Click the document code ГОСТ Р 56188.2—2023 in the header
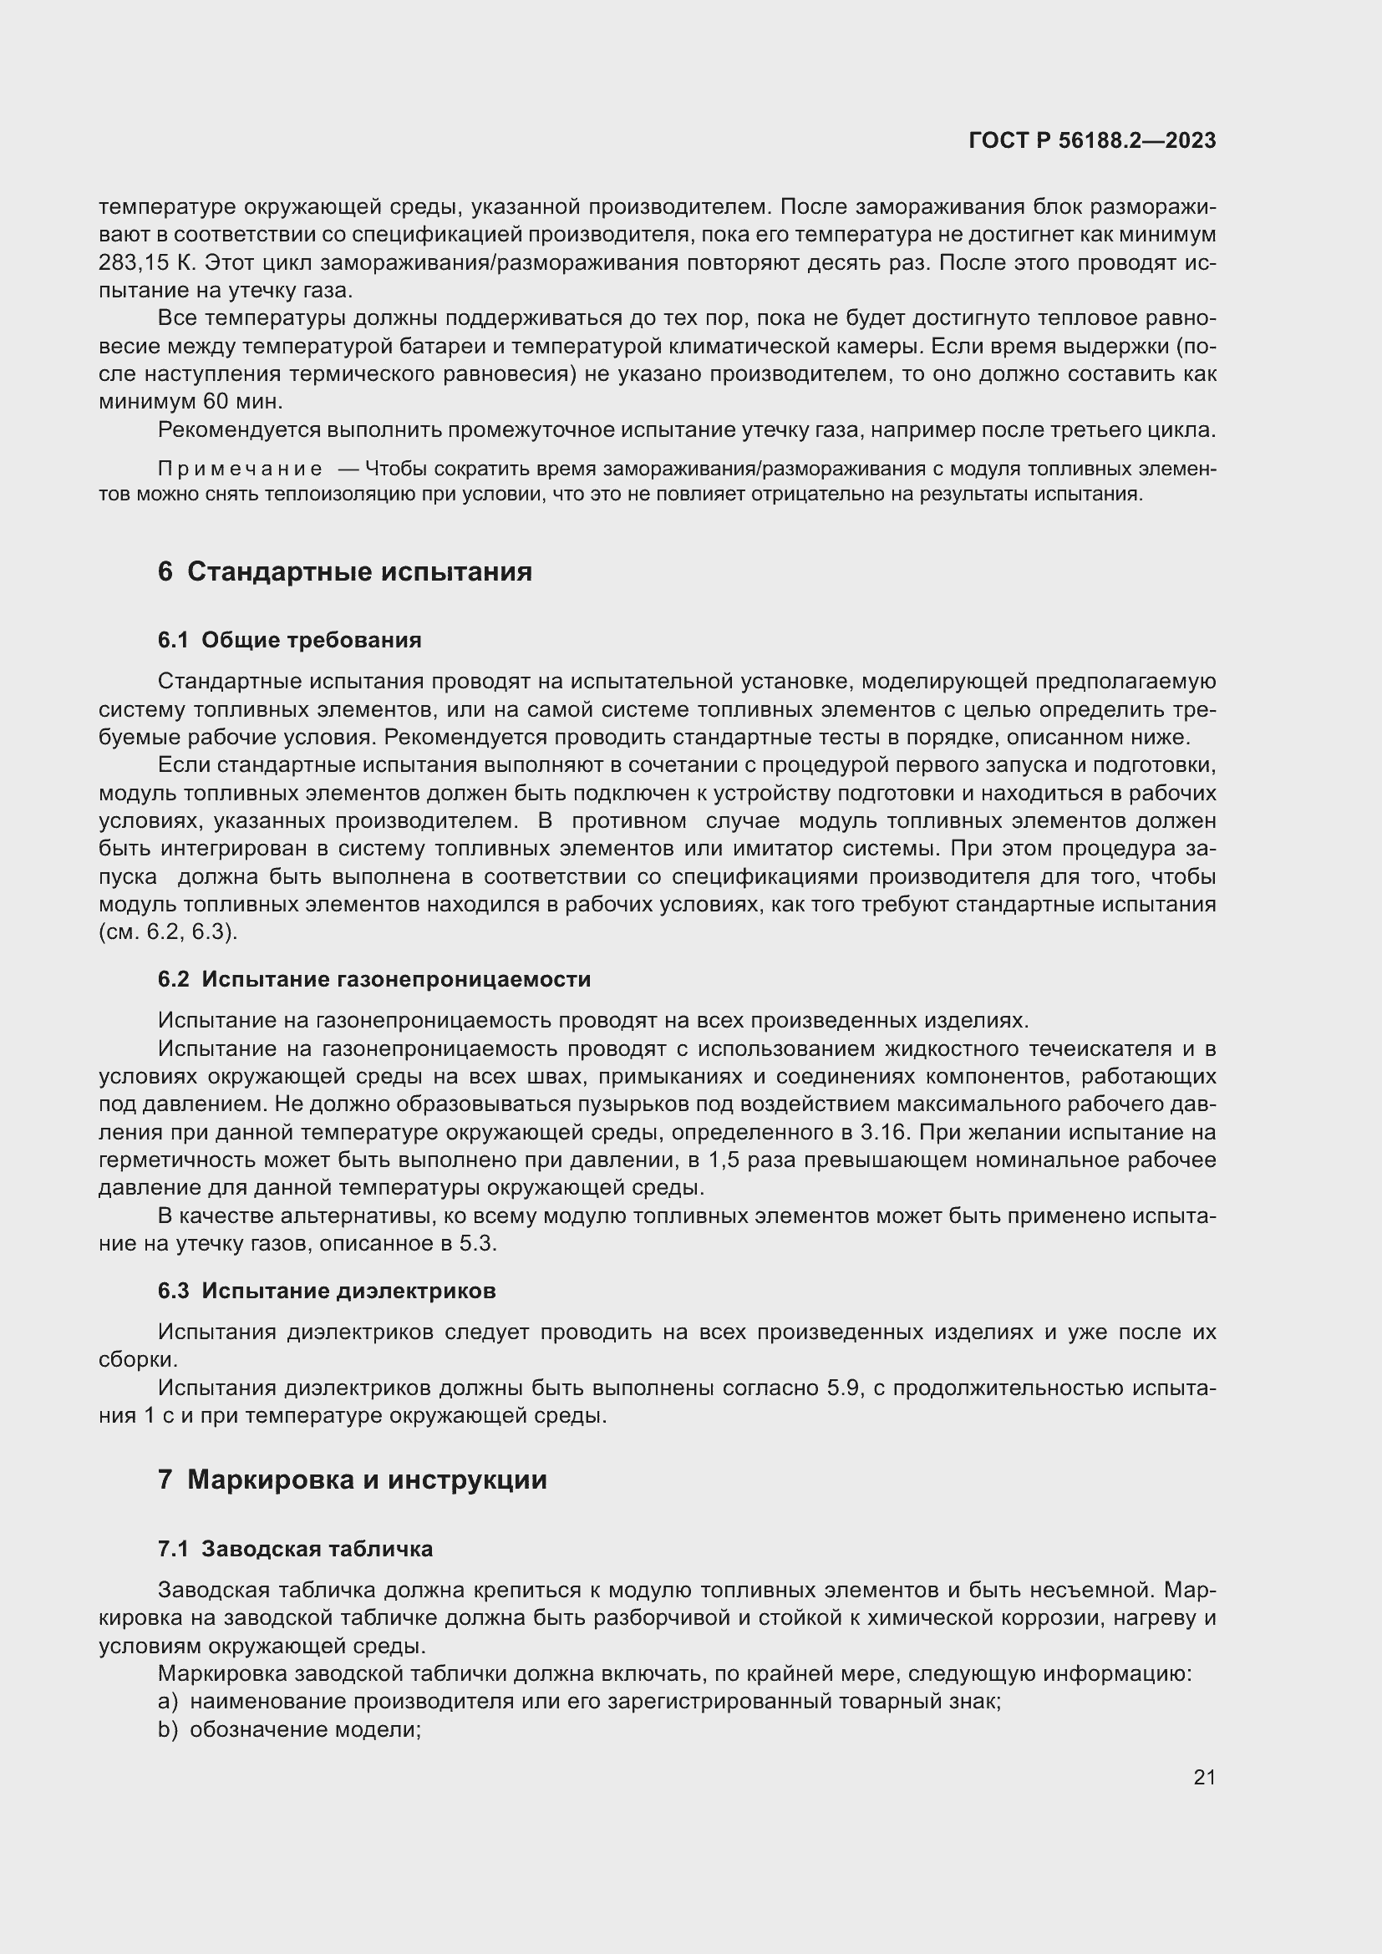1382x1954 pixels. pyautogui.click(x=1092, y=141)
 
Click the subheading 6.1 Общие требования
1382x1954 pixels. pyautogui.click(x=289, y=640)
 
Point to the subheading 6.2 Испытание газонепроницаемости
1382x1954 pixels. pyautogui.click(x=374, y=980)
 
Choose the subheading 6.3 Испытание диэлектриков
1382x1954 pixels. pyautogui.click(x=327, y=1291)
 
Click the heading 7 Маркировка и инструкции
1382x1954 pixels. pyautogui.click(x=353, y=1480)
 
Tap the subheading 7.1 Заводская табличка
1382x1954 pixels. pyautogui.click(x=295, y=1549)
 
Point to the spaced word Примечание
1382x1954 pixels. pyautogui.click(x=240, y=469)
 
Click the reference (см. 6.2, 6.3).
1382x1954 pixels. pyautogui.click(x=169, y=932)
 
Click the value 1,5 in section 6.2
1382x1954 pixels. pyautogui.click(x=725, y=1160)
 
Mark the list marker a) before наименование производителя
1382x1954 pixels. pyautogui.click(x=168, y=1701)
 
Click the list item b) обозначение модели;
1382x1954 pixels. pyautogui.click(x=289, y=1729)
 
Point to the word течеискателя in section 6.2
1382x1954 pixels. pyautogui.click(x=1105, y=1049)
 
